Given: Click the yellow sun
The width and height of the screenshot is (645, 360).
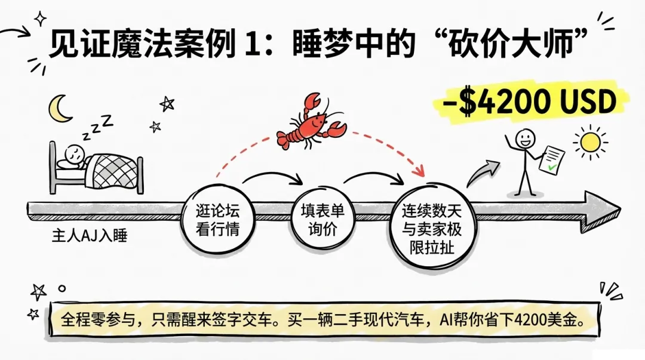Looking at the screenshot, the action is (591, 142).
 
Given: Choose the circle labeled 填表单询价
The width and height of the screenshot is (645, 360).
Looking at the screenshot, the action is (323, 219).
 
